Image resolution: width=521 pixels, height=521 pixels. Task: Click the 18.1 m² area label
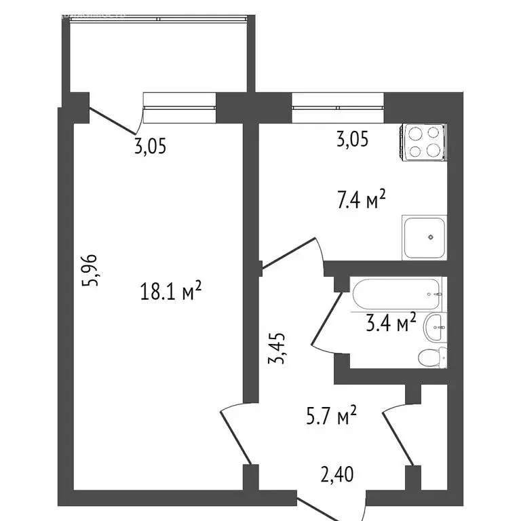(x=171, y=292)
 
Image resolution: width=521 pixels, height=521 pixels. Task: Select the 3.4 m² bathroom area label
(x=391, y=323)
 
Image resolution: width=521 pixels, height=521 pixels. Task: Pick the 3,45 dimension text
(x=278, y=348)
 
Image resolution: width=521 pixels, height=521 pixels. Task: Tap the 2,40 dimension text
(x=336, y=472)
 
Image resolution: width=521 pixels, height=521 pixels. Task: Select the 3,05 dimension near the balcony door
(x=150, y=147)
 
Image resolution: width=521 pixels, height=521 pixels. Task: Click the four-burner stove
(x=423, y=142)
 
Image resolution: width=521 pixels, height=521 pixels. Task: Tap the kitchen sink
(x=425, y=237)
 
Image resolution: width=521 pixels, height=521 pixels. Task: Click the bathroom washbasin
(x=435, y=328)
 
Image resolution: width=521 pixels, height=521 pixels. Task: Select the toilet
(x=432, y=357)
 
